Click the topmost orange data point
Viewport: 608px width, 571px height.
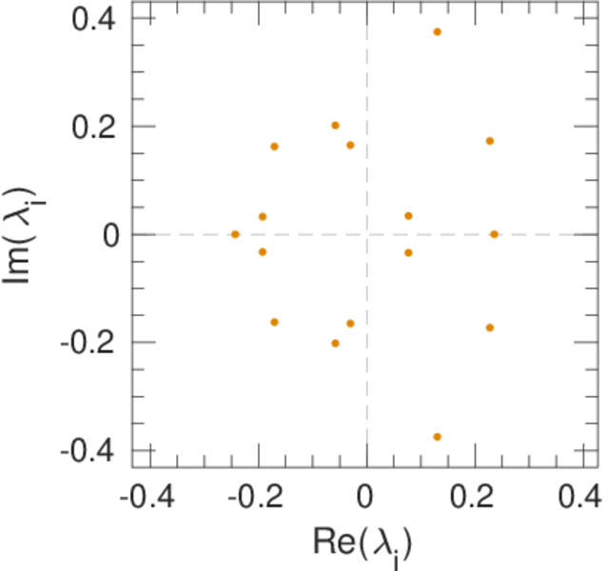click(437, 32)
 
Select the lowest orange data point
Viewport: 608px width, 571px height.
click(437, 437)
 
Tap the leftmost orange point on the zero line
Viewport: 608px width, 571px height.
click(235, 234)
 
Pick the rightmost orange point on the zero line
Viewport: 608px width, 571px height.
click(494, 234)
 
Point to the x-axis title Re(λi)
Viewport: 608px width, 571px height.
click(363, 543)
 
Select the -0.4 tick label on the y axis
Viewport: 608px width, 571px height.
click(85, 449)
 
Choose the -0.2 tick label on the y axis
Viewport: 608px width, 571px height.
click(85, 342)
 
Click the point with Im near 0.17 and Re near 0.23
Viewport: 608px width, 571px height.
click(490, 141)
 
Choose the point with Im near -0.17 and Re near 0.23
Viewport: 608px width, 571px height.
click(490, 327)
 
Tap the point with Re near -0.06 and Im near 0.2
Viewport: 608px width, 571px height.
click(335, 126)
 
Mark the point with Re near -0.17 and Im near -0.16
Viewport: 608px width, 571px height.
click(275, 322)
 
